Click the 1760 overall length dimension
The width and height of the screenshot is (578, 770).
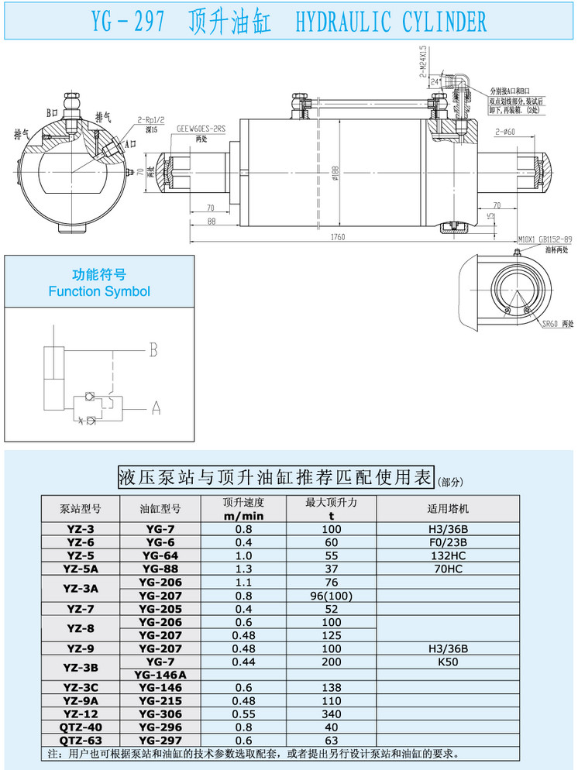[x=337, y=237]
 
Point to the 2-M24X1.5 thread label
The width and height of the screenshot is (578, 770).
[x=423, y=58]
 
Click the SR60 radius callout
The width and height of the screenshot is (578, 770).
[x=550, y=323]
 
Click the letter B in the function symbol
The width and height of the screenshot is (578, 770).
[x=153, y=350]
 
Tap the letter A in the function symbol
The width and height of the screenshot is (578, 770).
[x=155, y=406]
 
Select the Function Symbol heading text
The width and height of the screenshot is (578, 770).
[x=99, y=292]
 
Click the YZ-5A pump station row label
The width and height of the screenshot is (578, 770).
[x=81, y=568]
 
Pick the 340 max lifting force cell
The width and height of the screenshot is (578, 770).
[x=331, y=713]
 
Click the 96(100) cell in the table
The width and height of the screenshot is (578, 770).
[x=331, y=595]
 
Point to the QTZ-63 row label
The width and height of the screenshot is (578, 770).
[x=81, y=741]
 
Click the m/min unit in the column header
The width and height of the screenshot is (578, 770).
[x=244, y=516]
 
